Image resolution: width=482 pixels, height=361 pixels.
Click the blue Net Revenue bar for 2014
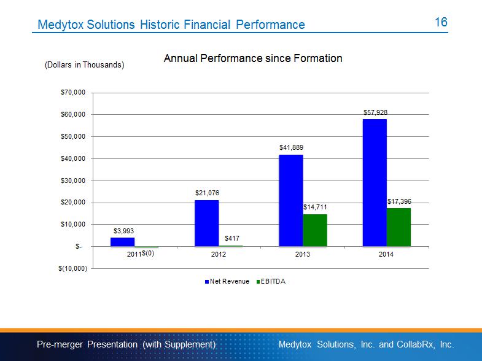coord(375,183)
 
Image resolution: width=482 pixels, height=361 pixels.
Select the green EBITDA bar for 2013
coord(315,230)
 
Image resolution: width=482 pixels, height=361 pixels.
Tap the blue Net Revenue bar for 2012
coord(206,223)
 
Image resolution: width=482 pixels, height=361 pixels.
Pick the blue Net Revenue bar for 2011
coord(122,242)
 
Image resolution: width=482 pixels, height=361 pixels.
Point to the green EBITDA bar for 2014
coord(398,227)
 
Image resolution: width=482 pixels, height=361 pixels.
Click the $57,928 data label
coord(375,112)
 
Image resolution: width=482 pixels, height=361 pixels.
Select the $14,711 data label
coord(315,208)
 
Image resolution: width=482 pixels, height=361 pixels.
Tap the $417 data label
coord(231,238)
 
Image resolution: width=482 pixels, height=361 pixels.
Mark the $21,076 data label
coord(207,193)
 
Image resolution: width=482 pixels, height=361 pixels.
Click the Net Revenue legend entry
coord(227,282)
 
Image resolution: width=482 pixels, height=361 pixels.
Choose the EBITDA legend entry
coord(270,282)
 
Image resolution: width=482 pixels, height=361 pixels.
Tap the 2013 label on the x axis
coord(302,254)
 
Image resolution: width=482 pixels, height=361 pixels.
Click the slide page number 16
coord(441,22)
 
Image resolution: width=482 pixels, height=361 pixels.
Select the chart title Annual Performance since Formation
coord(253,59)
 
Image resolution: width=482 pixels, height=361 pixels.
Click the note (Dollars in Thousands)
coord(85,65)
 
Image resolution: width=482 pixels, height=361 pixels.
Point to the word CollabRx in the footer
coord(416,344)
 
